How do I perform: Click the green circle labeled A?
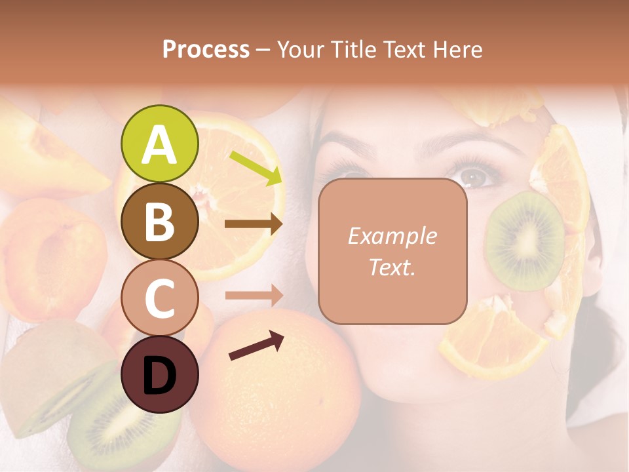pyautogui.click(x=159, y=144)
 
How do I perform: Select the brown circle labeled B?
pyautogui.click(x=159, y=222)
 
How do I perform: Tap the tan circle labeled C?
pyautogui.click(x=159, y=298)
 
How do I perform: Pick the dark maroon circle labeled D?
pyautogui.click(x=159, y=374)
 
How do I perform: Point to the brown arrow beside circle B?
pyautogui.click(x=254, y=224)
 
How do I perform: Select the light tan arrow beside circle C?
pyautogui.click(x=254, y=296)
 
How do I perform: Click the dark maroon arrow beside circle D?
pyautogui.click(x=256, y=345)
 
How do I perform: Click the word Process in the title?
pyautogui.click(x=206, y=50)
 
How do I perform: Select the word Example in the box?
pyautogui.click(x=392, y=236)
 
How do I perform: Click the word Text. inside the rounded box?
pyautogui.click(x=392, y=267)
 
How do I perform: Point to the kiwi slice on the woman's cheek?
pyautogui.click(x=524, y=240)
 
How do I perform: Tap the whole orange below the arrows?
pyautogui.click(x=288, y=387)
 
